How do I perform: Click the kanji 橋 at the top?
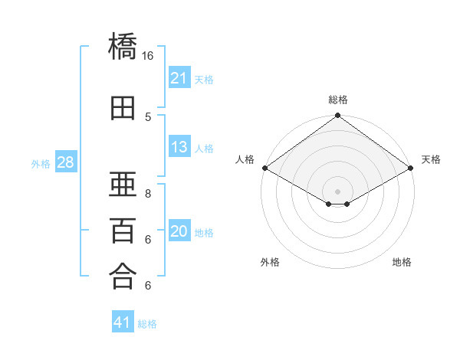click(123, 46)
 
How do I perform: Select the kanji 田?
click(123, 108)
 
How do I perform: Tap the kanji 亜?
click(123, 184)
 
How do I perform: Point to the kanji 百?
click(123, 231)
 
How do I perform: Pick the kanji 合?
click(123, 277)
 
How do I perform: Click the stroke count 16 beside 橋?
click(147, 56)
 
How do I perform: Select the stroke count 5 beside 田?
click(148, 117)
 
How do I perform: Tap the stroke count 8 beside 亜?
click(148, 194)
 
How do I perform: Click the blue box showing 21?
click(179, 77)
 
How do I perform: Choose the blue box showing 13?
click(179, 146)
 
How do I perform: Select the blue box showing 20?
click(179, 230)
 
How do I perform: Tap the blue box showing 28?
click(66, 162)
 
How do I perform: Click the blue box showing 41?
click(123, 321)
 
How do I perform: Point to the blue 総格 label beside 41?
click(147, 324)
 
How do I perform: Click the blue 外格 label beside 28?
click(41, 164)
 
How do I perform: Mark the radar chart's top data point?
click(337, 115)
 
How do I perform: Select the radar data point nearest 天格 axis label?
click(411, 168)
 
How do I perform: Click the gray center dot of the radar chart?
click(337, 191)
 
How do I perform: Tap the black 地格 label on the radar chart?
click(402, 262)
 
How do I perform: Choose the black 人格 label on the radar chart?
click(245, 159)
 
